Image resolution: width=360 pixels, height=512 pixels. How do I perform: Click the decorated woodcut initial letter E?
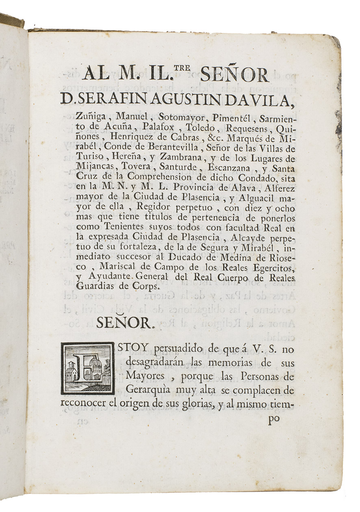pos(87,368)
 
